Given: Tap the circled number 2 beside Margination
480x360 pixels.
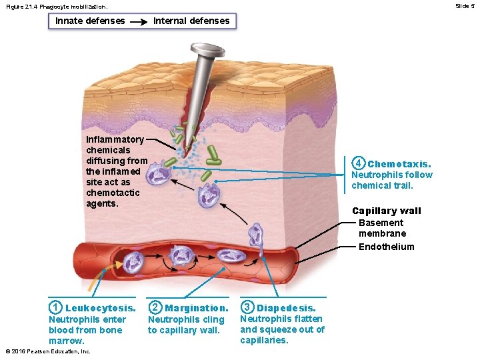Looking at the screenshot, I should (x=155, y=307).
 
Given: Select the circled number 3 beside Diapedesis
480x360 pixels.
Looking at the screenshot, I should (x=247, y=307).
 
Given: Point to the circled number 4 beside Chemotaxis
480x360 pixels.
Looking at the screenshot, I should (x=359, y=163).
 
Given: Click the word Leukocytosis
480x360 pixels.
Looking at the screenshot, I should (x=101, y=308).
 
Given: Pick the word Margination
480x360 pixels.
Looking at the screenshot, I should (x=197, y=308).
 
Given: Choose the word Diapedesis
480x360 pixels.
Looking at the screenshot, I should (x=287, y=308).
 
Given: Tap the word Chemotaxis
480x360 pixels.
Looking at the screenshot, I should (x=399, y=164).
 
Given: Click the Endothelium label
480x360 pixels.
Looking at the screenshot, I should (x=386, y=247).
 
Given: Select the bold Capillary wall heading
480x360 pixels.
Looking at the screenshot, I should (x=387, y=211).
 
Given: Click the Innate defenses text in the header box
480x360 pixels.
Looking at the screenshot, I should (x=90, y=21).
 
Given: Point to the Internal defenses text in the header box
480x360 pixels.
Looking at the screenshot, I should (x=191, y=21).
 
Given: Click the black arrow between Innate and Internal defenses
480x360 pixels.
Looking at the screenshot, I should (x=139, y=21).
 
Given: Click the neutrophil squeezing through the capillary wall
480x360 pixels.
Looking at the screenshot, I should (x=256, y=237).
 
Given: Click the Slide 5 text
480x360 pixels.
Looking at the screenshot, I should (x=465, y=5).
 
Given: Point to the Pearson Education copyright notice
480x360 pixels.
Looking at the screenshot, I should (x=47, y=351).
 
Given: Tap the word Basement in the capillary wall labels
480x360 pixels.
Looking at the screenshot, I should (x=381, y=223).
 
